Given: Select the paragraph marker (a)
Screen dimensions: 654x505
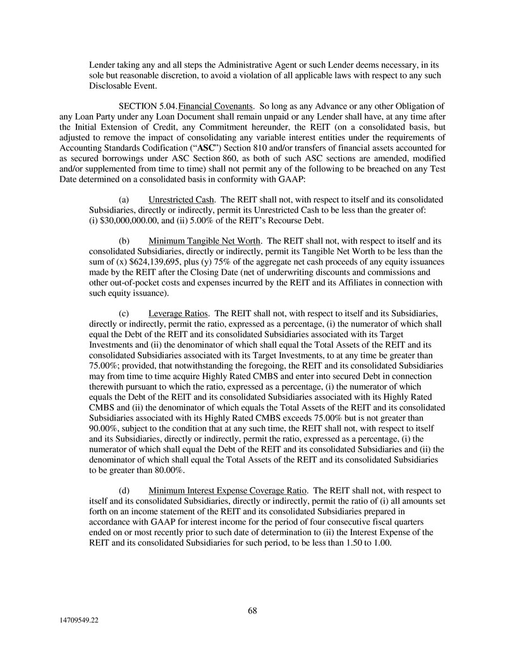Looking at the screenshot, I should tap(125, 200).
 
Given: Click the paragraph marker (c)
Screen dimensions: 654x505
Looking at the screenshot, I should tap(125, 313).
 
